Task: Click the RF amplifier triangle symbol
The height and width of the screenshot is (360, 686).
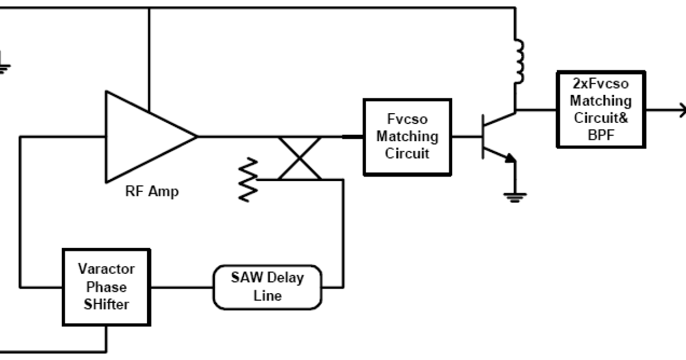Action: click(143, 136)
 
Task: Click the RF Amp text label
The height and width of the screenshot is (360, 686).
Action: click(151, 191)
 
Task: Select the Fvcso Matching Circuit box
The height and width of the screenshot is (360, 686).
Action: click(407, 137)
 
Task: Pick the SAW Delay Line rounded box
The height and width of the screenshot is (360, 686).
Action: click(268, 287)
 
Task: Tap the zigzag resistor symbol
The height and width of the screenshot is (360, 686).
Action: click(249, 179)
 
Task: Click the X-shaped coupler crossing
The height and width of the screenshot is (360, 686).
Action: click(300, 158)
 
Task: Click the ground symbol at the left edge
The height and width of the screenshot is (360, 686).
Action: click(3, 65)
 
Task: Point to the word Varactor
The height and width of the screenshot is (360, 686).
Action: click(107, 269)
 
